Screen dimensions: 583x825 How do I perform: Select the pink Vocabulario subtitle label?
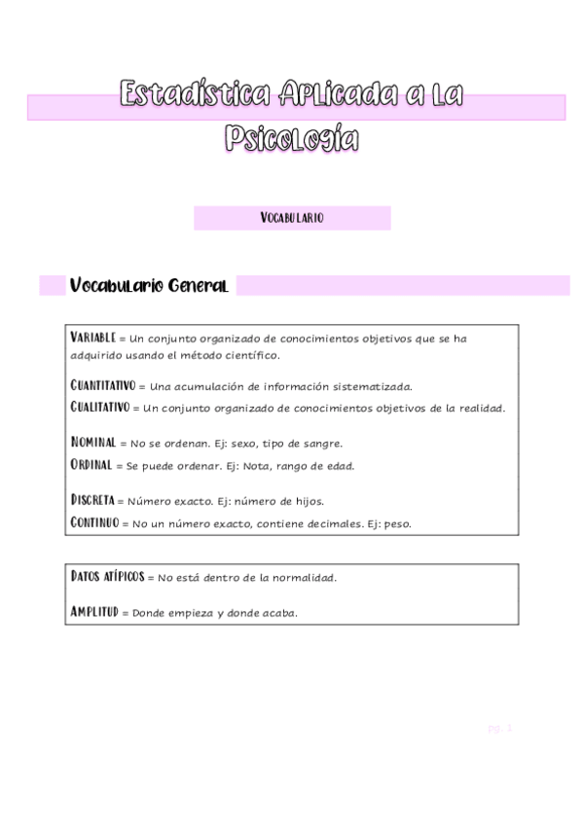[292, 218]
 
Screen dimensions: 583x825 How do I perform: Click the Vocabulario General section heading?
[149, 286]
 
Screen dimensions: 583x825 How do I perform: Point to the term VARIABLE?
[92, 337]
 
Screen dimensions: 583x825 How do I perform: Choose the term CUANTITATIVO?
[104, 385]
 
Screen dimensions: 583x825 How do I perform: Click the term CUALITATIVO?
[100, 407]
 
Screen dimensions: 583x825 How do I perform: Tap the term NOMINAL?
[93, 442]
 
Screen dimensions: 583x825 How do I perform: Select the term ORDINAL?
[91, 465]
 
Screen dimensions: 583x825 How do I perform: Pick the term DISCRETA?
[92, 500]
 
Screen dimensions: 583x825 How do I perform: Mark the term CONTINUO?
[94, 522]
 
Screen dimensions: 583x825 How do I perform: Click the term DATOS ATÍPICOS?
[107, 576]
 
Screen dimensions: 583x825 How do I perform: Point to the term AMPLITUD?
[93, 612]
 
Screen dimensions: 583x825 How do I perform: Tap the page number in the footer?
[499, 727]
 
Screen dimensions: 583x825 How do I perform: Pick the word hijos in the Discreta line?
[306, 501]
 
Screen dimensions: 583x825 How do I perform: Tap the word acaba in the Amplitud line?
[277, 613]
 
